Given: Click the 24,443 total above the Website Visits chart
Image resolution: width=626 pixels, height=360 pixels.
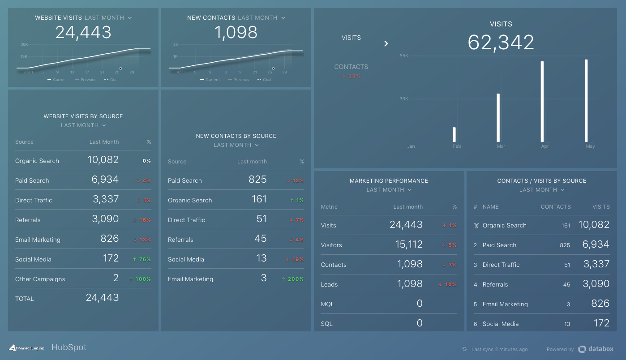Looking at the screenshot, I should pos(83,32).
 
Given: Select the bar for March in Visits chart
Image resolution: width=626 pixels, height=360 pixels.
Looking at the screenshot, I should pos(498,118).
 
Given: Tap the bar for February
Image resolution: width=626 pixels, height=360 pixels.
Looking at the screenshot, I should pos(454,134).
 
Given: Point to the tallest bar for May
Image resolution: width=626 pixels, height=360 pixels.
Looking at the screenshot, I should pos(586,101).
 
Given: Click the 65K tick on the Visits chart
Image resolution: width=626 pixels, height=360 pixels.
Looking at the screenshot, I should pos(403,56).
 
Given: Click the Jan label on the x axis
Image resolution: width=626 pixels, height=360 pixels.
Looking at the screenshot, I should pos(411,146).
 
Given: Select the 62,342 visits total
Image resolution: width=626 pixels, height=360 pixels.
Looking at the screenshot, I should pos(501,43).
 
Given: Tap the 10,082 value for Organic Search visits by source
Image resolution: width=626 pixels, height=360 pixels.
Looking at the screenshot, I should pos(103,160).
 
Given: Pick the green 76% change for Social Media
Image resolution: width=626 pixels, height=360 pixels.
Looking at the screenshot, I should pos(141,259).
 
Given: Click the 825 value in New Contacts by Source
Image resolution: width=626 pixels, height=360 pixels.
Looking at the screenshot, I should pos(257,180).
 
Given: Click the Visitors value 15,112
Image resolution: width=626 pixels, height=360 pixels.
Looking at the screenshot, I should pos(406,244).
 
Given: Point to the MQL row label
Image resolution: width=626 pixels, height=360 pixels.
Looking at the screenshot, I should pos(327,304).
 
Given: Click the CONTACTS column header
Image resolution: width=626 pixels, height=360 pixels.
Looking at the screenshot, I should pos(555,207).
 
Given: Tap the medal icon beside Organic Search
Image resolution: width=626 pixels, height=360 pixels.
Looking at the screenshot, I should pos(476,226).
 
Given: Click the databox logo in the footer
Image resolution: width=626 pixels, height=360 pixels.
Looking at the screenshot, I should pos(596,349).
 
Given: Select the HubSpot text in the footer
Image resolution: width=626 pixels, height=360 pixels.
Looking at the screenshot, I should pos(69,347).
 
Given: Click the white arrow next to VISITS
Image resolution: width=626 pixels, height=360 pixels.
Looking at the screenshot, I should pos(386,43).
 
